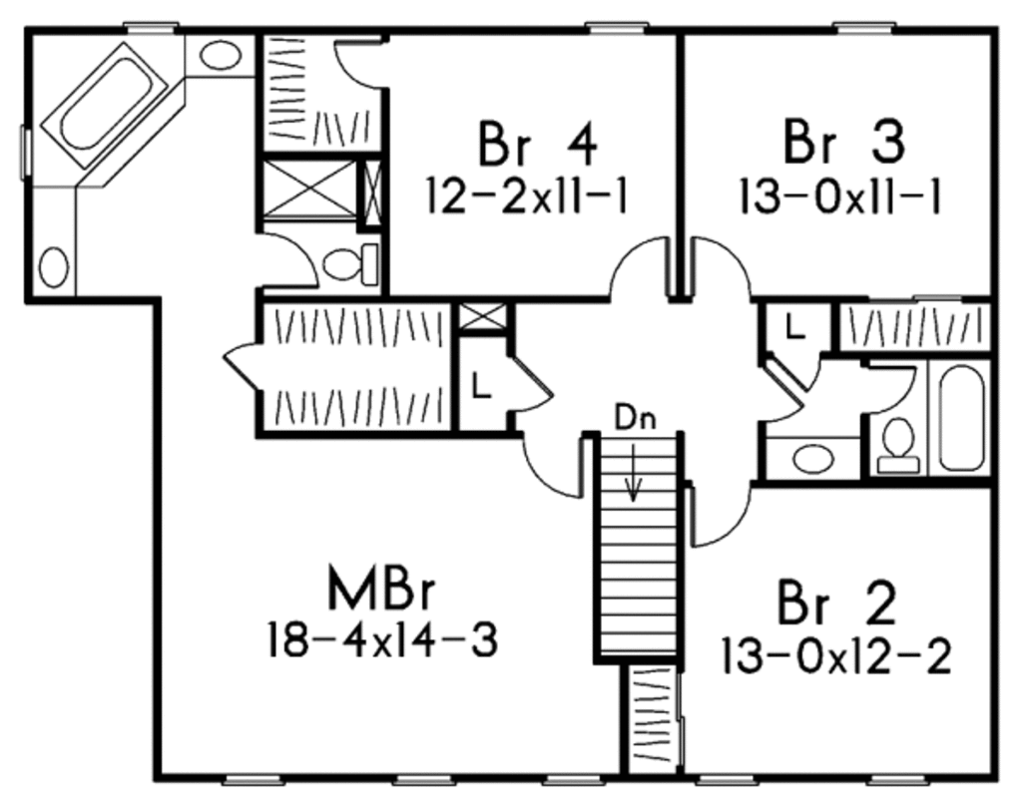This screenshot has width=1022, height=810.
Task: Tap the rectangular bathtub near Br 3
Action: click(962, 418)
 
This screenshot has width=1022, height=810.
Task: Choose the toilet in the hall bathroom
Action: click(898, 443)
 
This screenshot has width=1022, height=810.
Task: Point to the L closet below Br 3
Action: click(795, 326)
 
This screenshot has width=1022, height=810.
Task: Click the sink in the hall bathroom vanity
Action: click(812, 459)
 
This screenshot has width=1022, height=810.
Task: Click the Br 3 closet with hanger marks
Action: click(910, 326)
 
